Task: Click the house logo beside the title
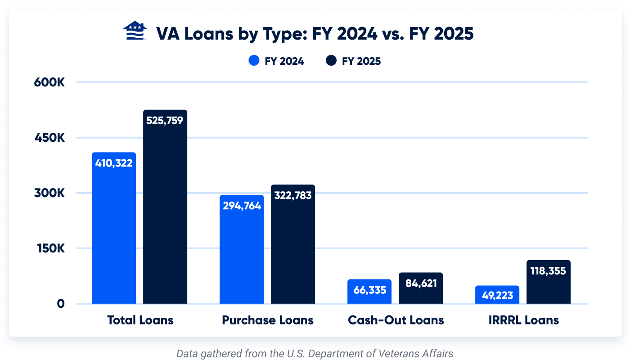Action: coord(135,31)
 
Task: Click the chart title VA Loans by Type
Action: coord(315,34)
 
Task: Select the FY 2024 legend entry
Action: coord(276,61)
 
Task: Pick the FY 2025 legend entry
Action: coord(354,61)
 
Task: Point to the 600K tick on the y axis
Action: coord(49,83)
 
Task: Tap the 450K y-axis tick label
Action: coord(49,138)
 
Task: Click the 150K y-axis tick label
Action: coord(49,248)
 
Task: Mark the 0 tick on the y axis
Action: coord(60,304)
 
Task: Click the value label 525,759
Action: coord(165,121)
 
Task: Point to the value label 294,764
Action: coord(242,206)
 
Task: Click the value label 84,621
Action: coord(421,283)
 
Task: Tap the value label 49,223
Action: coord(497,296)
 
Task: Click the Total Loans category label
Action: coord(140,320)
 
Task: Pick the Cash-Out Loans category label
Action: coord(396,320)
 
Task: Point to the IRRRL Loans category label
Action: coord(523,320)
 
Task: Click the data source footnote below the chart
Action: coord(315,353)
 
